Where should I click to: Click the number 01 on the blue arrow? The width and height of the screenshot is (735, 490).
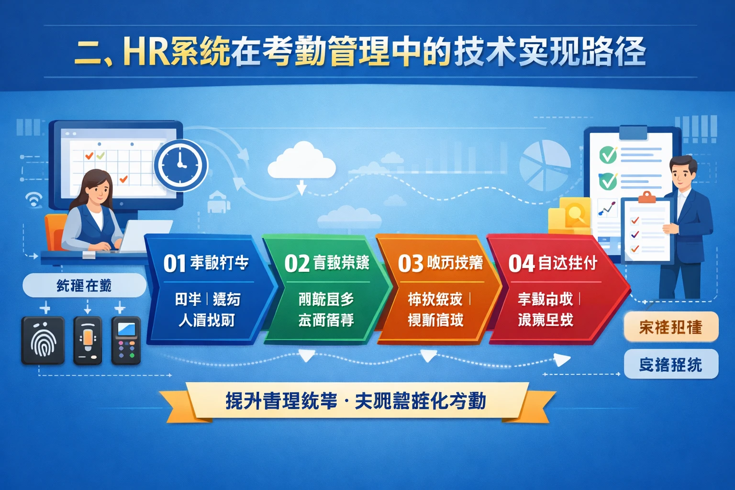pos(174,264)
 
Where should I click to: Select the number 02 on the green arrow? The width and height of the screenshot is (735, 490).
pos(297,264)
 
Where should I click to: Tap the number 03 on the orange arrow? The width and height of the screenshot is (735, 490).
pos(411,264)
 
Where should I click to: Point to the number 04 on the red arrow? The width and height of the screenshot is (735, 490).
pos(521,264)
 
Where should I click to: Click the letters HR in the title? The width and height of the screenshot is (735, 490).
pos(145,51)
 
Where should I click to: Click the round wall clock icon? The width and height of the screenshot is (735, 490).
pos(181,165)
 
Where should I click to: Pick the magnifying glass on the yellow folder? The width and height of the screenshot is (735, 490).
pos(576,211)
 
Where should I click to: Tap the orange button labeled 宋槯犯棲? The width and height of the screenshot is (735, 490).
pos(671,327)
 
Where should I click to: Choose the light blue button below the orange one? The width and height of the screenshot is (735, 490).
pos(671,365)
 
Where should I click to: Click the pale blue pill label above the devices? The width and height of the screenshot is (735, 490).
pos(84,286)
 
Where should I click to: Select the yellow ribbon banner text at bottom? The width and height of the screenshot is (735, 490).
pos(356,401)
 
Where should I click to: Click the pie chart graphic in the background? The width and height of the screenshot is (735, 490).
pos(545,165)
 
